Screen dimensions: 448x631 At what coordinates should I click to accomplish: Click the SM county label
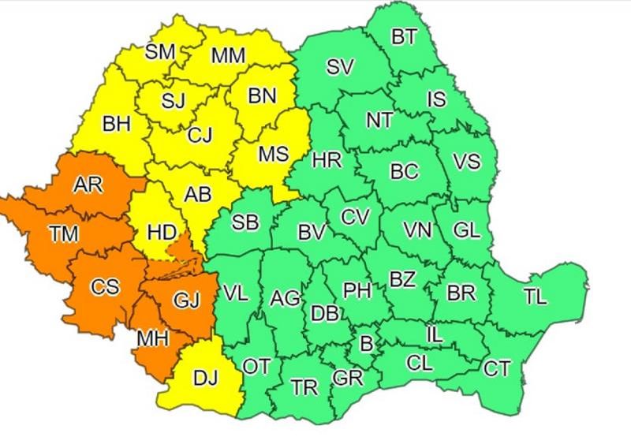(x=160, y=52)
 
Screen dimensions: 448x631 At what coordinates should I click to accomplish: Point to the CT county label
(x=497, y=368)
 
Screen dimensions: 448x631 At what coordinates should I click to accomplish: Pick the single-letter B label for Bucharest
(x=365, y=343)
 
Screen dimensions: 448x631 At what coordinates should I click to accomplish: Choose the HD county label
(x=162, y=233)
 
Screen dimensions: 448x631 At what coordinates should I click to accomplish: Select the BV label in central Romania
(x=312, y=232)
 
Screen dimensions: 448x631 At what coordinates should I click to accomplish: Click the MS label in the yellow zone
(x=274, y=154)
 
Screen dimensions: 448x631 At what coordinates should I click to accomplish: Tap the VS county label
(x=466, y=161)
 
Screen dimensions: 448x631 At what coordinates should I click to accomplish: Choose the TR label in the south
(x=304, y=387)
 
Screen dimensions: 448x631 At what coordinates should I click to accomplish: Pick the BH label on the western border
(x=116, y=124)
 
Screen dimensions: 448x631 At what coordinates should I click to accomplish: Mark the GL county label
(x=466, y=230)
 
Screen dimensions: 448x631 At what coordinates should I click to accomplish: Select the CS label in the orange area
(x=104, y=287)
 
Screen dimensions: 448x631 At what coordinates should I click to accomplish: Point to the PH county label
(x=357, y=291)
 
